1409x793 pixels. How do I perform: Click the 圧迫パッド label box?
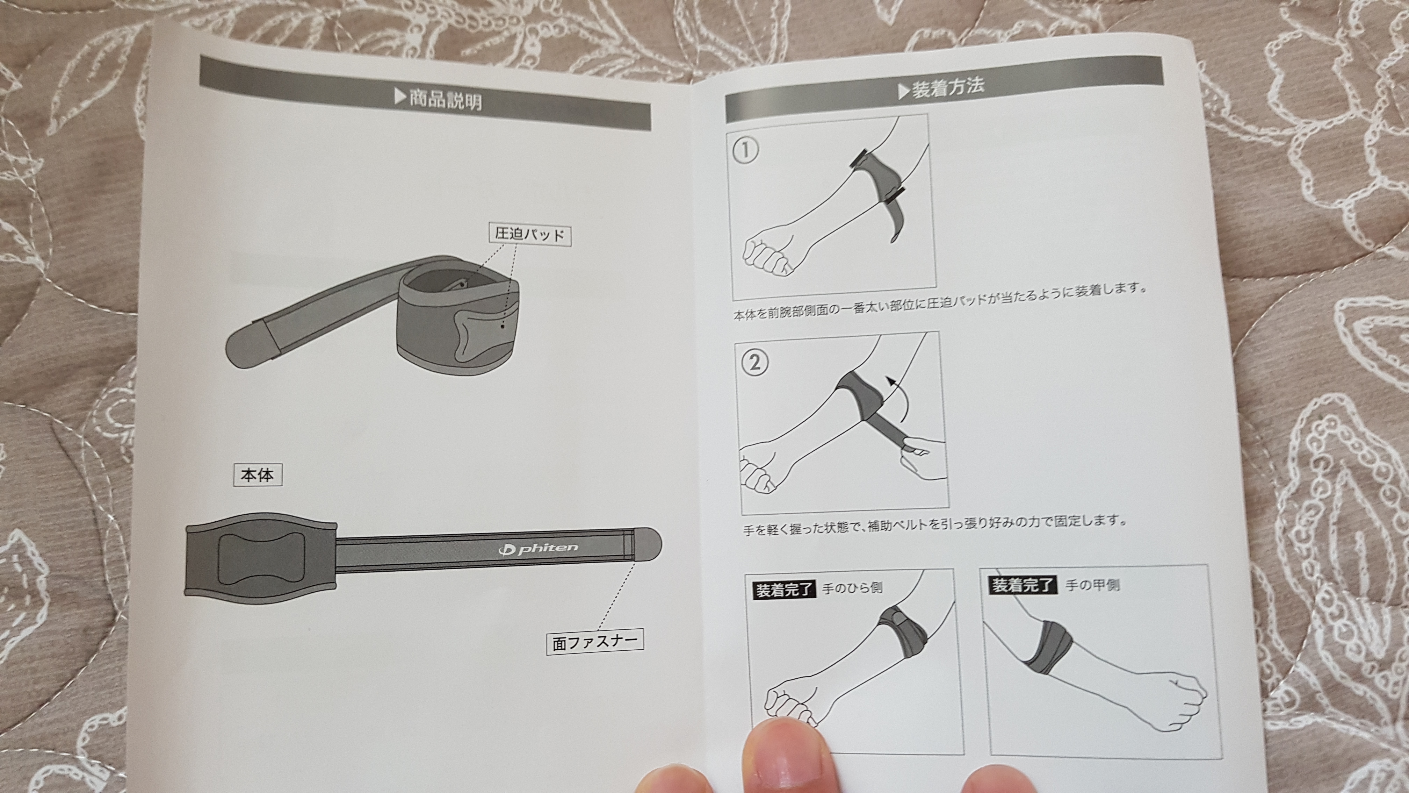(x=529, y=235)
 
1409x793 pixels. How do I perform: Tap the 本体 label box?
(x=257, y=475)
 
